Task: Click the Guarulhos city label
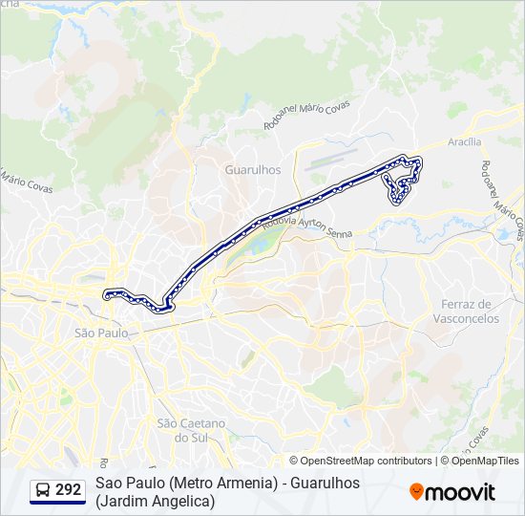pos(252,168)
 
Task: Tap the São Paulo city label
pos(100,333)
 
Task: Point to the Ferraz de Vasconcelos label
pos(470,311)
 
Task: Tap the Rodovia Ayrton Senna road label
pos(307,226)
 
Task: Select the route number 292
pos(69,490)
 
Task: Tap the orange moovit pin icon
pos(416,492)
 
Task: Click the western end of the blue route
pos(105,292)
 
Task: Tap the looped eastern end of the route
pos(401,179)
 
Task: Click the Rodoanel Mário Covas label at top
pos(306,115)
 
